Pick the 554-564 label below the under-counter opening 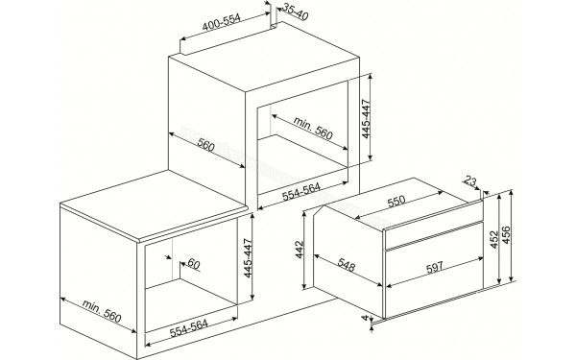(x=182, y=328)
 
